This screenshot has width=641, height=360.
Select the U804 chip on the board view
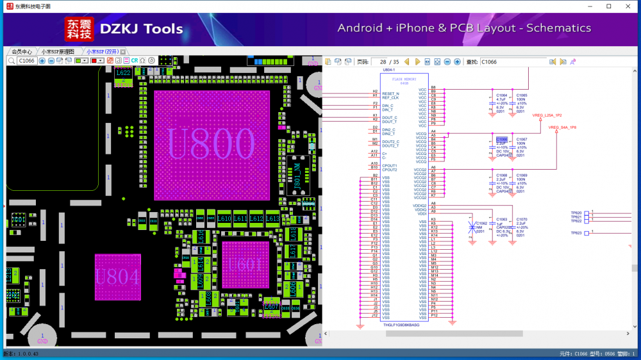pos(117,277)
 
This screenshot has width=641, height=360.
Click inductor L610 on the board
pos(224,219)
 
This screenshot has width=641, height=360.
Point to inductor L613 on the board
pos(272,219)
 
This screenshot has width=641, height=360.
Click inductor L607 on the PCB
pos(271,307)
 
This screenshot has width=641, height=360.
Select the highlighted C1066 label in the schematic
pos(501,139)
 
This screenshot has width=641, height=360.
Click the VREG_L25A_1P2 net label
pos(547,115)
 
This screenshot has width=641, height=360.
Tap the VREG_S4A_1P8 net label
pos(562,127)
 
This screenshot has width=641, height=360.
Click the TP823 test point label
pos(576,233)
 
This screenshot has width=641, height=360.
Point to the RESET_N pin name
pos(390,94)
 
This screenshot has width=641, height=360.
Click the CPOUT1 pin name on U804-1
pos(390,165)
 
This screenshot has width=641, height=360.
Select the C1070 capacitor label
pos(521,219)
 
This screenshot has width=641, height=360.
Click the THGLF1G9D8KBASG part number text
pos(401,325)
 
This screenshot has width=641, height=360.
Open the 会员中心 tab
pos(22,51)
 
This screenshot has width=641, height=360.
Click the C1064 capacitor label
pos(501,95)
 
